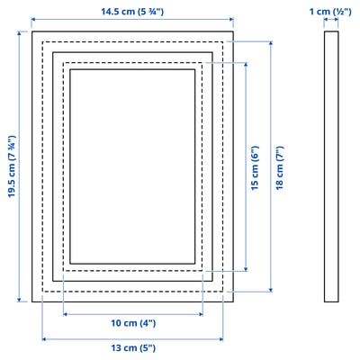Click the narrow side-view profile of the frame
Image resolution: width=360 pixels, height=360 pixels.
pyautogui.click(x=331, y=166)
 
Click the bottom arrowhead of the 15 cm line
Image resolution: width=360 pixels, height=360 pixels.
pyautogui.click(x=245, y=267)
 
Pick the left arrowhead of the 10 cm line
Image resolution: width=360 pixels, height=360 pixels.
pyautogui.click(x=65, y=314)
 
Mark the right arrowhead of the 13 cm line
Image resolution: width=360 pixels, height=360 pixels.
pyautogui.click(x=221, y=337)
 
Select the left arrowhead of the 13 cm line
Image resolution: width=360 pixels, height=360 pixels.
pyautogui.click(x=42, y=337)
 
